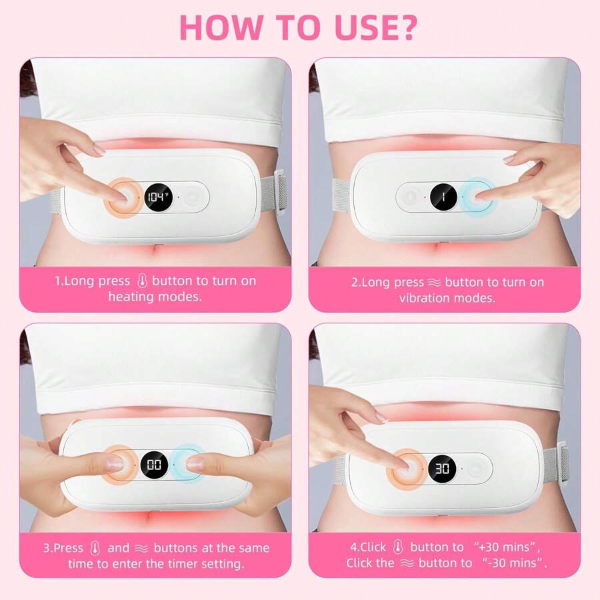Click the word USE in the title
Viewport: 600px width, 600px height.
(x=360, y=25)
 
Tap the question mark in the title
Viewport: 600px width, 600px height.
(x=409, y=25)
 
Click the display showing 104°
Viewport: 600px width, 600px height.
(x=159, y=197)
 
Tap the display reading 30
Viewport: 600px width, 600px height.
(x=442, y=468)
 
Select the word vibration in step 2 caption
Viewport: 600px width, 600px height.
(x=427, y=298)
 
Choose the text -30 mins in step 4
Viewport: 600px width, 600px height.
(x=511, y=563)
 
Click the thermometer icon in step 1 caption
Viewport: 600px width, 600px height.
(x=141, y=281)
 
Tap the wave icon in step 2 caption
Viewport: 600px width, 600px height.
(x=431, y=282)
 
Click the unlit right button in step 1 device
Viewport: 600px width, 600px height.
(x=194, y=197)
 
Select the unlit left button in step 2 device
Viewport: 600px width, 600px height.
(x=408, y=197)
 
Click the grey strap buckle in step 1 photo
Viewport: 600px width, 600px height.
(x=279, y=192)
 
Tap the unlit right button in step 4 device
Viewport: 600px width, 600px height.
(x=477, y=469)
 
